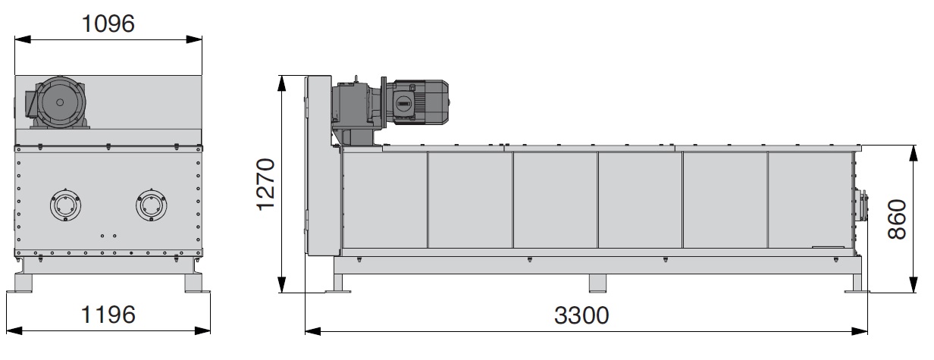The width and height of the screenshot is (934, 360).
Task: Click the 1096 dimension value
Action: (108, 23)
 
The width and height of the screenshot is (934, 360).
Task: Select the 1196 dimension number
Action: (108, 315)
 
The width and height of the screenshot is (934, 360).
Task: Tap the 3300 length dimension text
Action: (581, 315)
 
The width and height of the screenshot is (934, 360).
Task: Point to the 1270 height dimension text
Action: (266, 185)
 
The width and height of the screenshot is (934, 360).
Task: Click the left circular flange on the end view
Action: (65, 205)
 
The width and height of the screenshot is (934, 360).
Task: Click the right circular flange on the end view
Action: (152, 205)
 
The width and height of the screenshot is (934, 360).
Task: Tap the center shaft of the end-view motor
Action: (60, 102)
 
